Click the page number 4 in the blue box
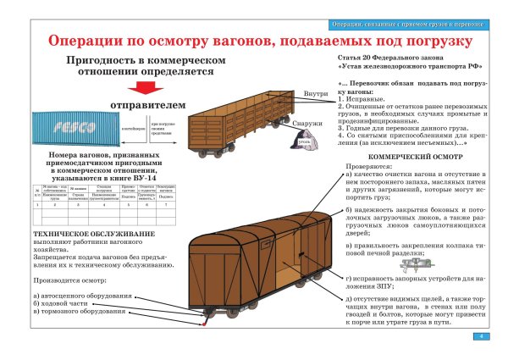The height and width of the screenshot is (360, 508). pyautogui.click(x=480, y=337)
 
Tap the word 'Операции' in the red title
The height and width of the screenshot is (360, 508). pyautogui.click(x=86, y=41)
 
